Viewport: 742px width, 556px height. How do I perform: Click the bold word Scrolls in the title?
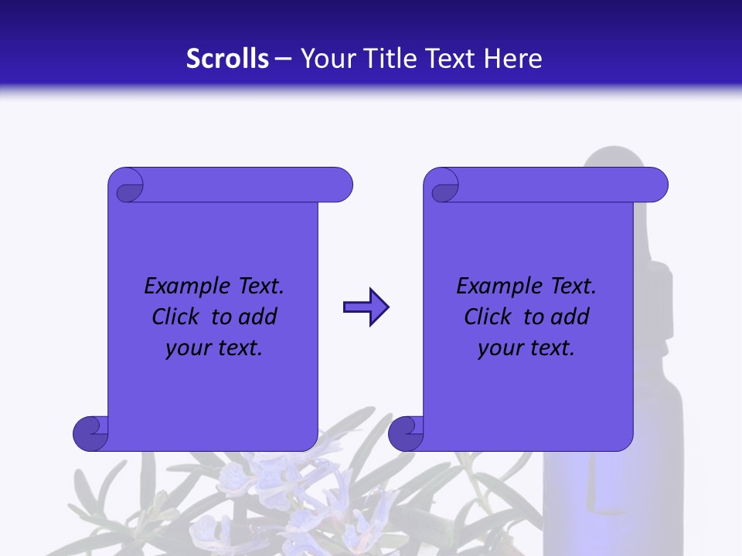(228, 59)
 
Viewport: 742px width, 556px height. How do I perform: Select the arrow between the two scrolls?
(366, 307)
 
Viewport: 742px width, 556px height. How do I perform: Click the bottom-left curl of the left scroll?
(91, 433)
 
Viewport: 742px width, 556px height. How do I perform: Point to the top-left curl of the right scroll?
(443, 186)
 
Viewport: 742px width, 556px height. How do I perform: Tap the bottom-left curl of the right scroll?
(406, 433)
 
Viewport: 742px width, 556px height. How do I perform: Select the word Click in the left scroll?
(176, 317)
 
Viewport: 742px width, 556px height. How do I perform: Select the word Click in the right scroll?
(488, 317)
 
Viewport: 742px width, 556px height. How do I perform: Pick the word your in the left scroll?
(186, 348)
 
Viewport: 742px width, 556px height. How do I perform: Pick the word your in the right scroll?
(499, 348)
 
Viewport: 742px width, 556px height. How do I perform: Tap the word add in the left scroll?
(257, 317)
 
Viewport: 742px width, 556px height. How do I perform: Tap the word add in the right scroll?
(570, 317)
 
